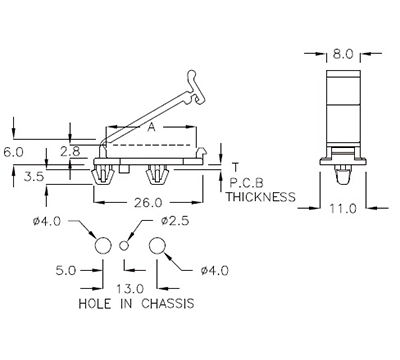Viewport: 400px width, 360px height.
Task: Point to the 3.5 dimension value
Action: coord(33,177)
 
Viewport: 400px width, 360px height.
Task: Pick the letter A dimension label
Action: coord(150,129)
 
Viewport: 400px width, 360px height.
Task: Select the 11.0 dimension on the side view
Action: coord(345,210)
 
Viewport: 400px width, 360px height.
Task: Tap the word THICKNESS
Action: coord(260,197)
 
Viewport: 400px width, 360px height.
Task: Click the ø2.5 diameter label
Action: coord(177,219)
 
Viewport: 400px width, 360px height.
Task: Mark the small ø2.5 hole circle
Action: coord(126,245)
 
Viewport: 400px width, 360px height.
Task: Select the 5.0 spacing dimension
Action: coord(66,269)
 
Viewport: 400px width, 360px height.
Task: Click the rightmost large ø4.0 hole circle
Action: coord(157,245)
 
